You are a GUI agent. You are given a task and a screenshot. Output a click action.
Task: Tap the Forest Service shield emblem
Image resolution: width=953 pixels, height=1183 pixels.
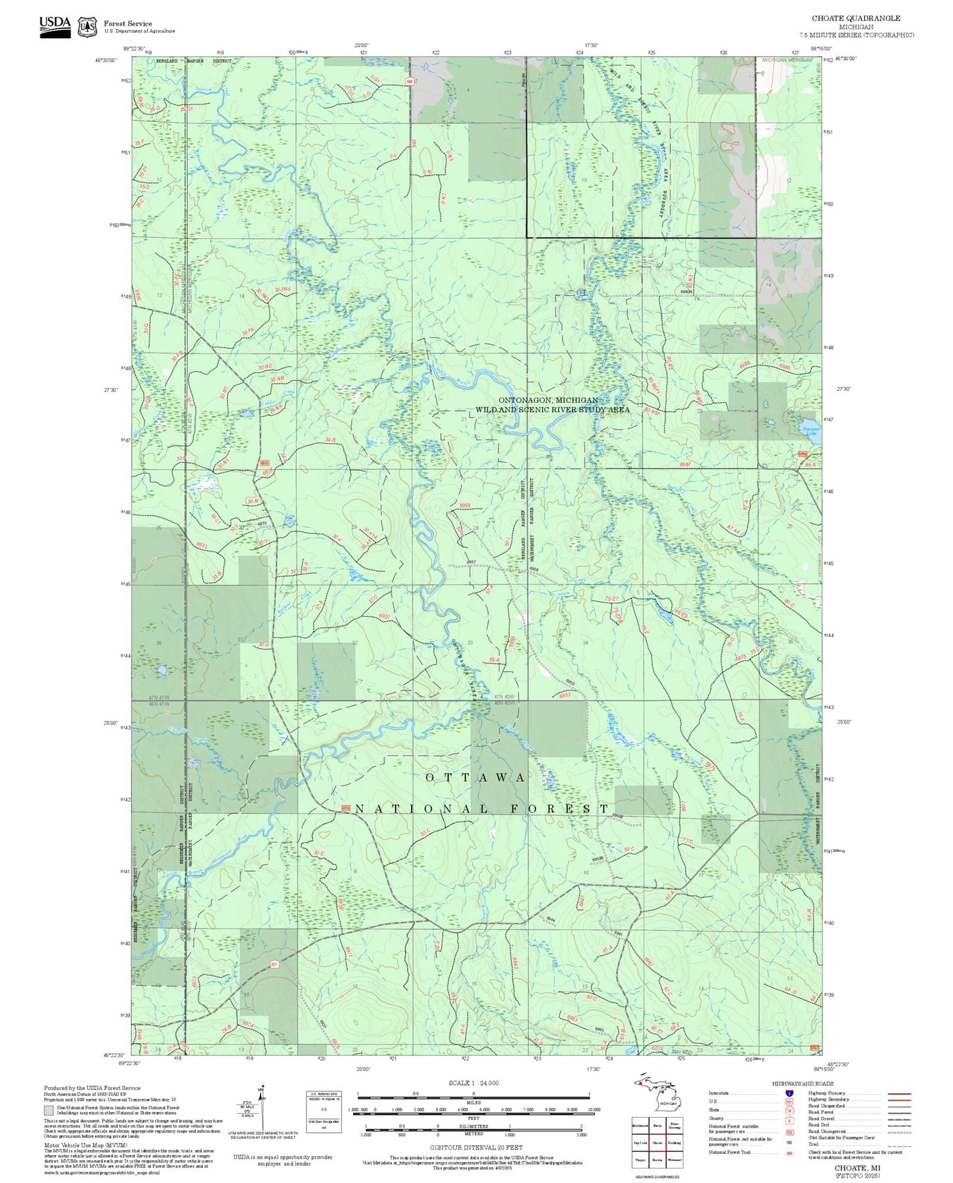87,27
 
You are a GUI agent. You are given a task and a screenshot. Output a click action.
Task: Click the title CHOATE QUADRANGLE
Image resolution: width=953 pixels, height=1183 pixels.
855,18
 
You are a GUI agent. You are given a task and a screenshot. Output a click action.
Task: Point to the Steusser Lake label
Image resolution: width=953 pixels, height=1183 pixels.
811,431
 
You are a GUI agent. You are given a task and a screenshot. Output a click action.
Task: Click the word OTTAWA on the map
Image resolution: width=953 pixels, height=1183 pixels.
475,777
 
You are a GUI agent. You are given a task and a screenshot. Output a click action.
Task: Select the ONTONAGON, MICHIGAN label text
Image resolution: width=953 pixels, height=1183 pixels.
547,400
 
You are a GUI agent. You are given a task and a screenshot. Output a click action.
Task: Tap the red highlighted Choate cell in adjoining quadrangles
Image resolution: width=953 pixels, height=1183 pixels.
657,1142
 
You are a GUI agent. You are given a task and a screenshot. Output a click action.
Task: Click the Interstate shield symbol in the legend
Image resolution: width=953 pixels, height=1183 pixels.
788,1093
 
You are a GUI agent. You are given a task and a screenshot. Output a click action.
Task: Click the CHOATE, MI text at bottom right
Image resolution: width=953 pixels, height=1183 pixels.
857,1168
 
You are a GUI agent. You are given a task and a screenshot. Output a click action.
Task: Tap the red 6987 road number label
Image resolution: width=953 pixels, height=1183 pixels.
685,465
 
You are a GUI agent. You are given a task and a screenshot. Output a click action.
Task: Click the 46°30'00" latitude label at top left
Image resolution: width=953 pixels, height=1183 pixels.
106,60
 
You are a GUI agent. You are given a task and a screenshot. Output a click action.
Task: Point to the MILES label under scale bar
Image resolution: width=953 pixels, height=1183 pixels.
474,1102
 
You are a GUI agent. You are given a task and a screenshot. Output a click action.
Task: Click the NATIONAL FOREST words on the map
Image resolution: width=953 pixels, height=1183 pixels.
481,808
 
